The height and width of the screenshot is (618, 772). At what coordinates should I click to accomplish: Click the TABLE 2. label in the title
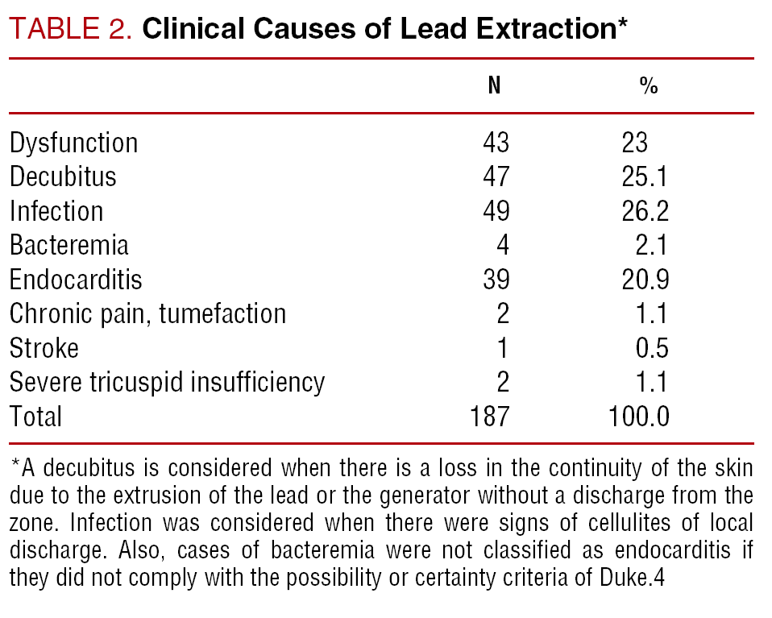click(x=71, y=29)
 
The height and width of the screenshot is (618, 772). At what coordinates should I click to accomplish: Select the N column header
click(x=494, y=86)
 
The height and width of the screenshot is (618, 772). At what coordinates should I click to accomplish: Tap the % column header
click(x=648, y=86)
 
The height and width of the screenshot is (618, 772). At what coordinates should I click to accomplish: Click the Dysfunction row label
click(x=74, y=143)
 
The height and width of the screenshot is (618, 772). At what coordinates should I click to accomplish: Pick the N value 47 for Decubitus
click(x=496, y=176)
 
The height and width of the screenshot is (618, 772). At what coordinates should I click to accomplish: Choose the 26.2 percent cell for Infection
click(x=645, y=211)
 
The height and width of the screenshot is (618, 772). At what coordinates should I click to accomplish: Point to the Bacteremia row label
click(x=69, y=245)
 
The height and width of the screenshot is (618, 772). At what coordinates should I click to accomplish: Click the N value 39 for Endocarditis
click(x=496, y=280)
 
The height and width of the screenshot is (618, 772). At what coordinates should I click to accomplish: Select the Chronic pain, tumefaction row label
click(x=147, y=313)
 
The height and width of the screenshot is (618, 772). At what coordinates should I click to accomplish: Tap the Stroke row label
click(x=44, y=348)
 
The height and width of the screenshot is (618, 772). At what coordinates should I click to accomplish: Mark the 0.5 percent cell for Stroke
click(x=652, y=348)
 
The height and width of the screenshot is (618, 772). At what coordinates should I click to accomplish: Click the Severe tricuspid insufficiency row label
click(x=167, y=382)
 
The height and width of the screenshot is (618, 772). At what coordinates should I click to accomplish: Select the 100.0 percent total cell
click(x=639, y=417)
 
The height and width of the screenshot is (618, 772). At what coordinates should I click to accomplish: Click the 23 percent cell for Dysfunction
click(x=635, y=143)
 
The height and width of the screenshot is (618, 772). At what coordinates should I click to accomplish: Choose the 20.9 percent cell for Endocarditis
click(x=645, y=280)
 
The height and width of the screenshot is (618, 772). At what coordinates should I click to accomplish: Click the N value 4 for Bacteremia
click(x=503, y=245)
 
